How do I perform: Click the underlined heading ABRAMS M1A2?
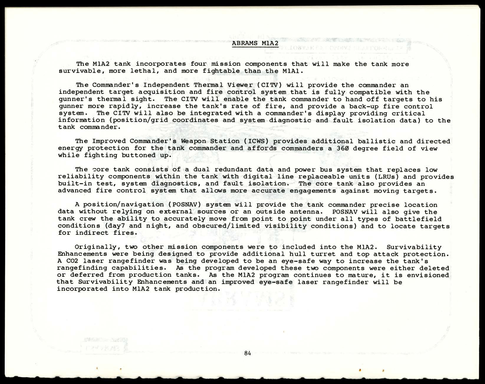(x=255, y=43)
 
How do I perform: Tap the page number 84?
(x=247, y=353)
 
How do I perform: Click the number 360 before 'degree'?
(x=343, y=148)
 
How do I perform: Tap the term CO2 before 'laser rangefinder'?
(x=72, y=261)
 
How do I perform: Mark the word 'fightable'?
(x=221, y=71)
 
